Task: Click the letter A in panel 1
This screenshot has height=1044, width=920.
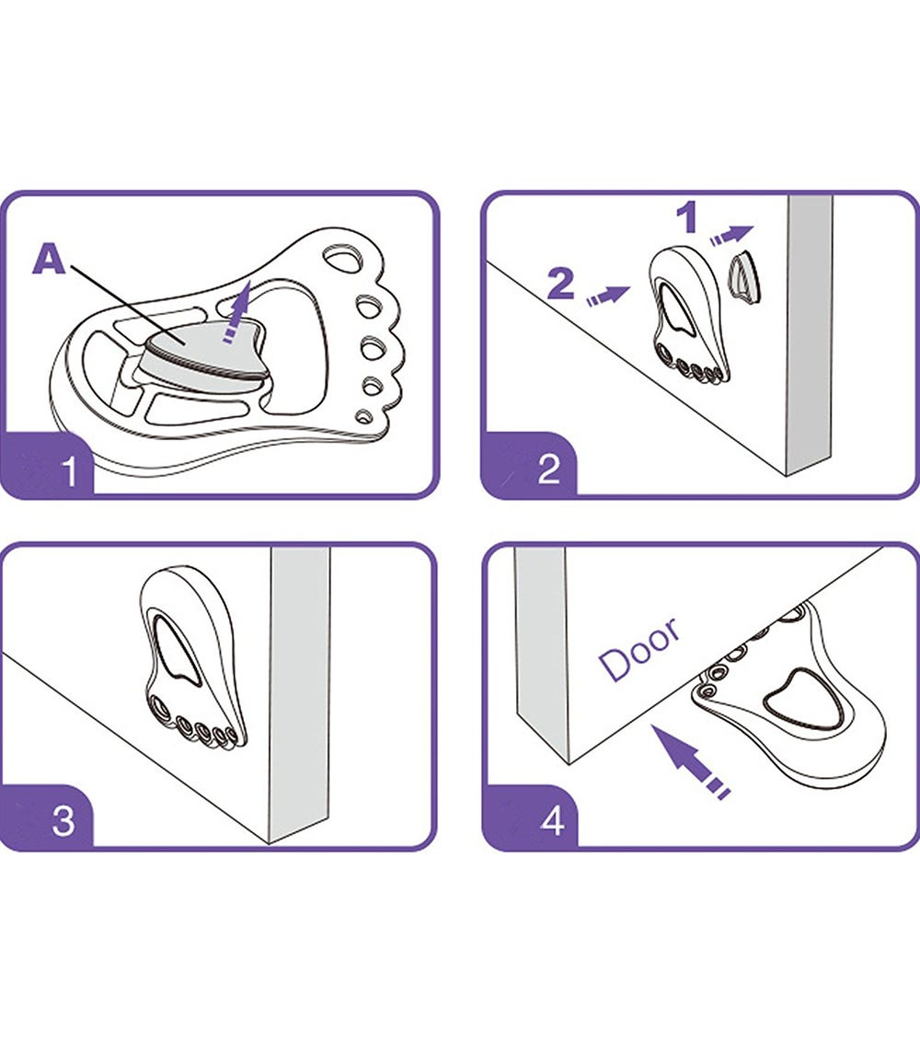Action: [50, 259]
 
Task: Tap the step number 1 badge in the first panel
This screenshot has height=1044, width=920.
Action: [47, 466]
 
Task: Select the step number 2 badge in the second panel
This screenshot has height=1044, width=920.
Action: [530, 466]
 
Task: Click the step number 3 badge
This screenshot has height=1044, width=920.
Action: [47, 817]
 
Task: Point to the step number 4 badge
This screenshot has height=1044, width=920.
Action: [530, 817]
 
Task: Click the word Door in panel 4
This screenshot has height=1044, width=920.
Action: [639, 648]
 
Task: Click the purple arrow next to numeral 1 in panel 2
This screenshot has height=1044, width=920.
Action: [731, 235]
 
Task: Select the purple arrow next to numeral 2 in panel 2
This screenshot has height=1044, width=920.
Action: [608, 296]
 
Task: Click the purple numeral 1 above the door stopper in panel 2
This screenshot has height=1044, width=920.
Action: [688, 218]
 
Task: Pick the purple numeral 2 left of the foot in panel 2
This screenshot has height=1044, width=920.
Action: [561, 284]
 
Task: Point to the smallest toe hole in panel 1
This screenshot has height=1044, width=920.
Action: [363, 417]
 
